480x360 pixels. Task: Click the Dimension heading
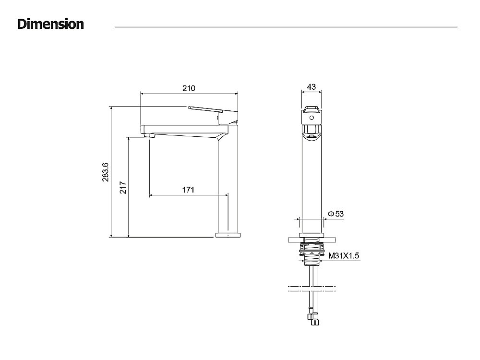(50, 24)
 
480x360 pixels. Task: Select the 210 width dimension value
(189, 88)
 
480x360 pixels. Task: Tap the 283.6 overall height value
(105, 172)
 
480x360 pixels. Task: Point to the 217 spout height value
(123, 188)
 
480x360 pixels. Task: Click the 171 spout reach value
(188, 190)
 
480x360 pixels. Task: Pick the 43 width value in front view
(312, 87)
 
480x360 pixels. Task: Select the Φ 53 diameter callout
(336, 214)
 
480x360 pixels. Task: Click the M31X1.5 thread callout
(344, 256)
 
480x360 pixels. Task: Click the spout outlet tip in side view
(149, 136)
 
